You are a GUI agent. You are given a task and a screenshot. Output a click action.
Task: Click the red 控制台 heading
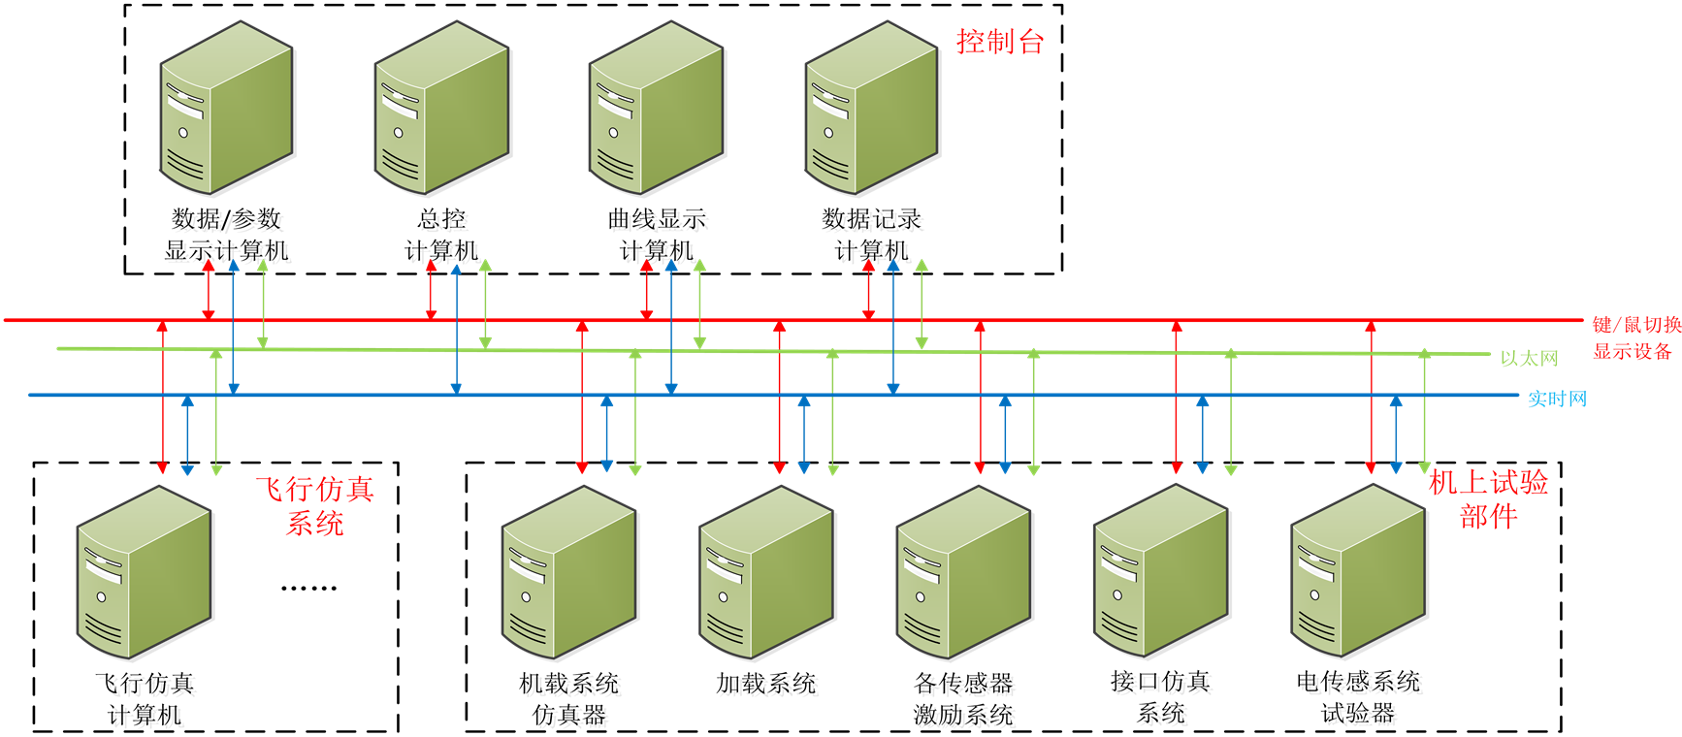pos(999,42)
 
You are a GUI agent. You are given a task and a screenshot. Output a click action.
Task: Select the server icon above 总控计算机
pos(443,109)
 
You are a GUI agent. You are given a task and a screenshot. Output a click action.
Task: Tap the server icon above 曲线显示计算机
pos(658,109)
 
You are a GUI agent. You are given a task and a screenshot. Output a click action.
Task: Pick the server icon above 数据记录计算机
pos(873,109)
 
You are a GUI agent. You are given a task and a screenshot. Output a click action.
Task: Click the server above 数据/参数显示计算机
pos(228,109)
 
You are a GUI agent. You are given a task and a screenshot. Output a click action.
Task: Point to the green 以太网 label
pos(1529,359)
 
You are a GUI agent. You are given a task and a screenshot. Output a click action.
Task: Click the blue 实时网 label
pos(1557,399)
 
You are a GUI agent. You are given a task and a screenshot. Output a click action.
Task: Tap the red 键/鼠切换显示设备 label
pos(1635,337)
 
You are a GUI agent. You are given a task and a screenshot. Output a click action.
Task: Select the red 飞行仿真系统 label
pos(314,506)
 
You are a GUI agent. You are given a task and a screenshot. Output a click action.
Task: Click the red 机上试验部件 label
pos(1488,498)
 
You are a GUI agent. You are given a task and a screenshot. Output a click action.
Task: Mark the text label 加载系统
pos(769,687)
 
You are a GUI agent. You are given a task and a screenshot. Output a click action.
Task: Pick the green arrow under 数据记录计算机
pos(922,304)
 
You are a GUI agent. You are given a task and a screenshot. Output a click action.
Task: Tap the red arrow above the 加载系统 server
pos(779,398)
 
